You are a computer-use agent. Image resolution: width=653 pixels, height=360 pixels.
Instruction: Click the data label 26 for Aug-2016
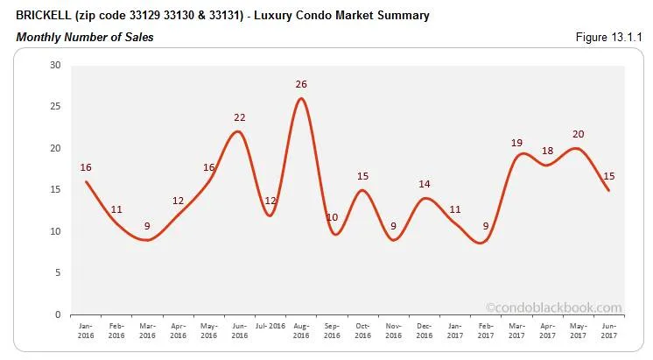tap(301, 85)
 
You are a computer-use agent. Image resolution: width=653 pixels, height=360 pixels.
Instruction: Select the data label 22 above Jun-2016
tap(240, 117)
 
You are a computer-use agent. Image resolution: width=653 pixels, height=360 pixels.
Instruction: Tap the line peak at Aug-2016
tap(301, 98)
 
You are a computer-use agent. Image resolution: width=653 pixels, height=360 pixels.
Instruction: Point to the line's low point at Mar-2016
tap(148, 240)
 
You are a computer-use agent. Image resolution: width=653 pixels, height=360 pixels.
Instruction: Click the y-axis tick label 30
tap(55, 66)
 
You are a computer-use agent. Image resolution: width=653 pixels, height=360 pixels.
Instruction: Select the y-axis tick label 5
tap(58, 273)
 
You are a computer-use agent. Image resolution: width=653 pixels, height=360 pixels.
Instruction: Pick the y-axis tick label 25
tap(55, 107)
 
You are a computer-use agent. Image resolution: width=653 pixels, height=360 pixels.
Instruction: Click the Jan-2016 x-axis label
tap(86, 328)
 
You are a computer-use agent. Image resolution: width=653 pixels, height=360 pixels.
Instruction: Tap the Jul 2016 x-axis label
tap(270, 325)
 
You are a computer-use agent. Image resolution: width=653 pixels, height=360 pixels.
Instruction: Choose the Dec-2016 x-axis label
tap(424, 328)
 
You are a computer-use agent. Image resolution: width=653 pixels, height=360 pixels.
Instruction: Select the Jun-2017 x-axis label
tap(608, 328)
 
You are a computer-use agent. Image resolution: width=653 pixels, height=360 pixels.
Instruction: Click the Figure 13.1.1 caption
tap(609, 37)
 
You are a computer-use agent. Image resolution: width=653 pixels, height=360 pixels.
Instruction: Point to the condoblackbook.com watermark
tap(553, 307)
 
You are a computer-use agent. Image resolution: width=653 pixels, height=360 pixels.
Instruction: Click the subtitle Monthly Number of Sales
tap(85, 37)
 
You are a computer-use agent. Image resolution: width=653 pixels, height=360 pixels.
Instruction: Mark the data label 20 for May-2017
tap(578, 134)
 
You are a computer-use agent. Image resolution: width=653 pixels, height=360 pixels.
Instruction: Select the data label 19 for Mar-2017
tap(516, 142)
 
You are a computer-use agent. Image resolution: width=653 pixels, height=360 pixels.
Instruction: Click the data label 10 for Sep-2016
tap(333, 217)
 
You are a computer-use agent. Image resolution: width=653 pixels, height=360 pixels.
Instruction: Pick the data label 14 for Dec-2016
tap(425, 184)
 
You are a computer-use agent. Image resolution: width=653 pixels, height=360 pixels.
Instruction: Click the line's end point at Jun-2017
tap(608, 190)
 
